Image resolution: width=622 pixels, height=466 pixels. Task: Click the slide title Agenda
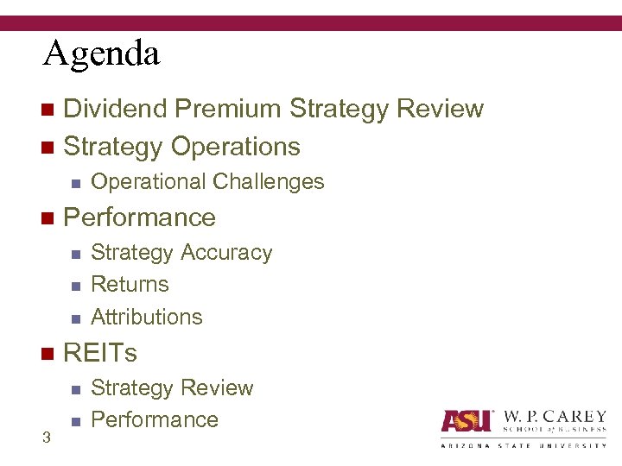pyautogui.click(x=102, y=54)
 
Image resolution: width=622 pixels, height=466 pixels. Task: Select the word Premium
pyautogui.click(x=230, y=109)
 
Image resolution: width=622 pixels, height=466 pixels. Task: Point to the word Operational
pyautogui.click(x=148, y=182)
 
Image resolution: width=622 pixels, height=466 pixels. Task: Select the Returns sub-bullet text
pyautogui.click(x=130, y=285)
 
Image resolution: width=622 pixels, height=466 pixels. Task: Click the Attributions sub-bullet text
pyautogui.click(x=147, y=317)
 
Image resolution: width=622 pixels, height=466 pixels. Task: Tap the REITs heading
pyautogui.click(x=100, y=353)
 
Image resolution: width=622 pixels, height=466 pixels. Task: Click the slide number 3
pyautogui.click(x=47, y=438)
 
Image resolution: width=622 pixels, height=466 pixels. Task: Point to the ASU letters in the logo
pyautogui.click(x=466, y=420)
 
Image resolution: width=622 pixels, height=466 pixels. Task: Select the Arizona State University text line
pyautogui.click(x=524, y=445)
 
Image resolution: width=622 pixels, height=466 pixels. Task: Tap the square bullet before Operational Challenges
pyautogui.click(x=75, y=183)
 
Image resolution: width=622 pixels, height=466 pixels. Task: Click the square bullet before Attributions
pyautogui.click(x=75, y=318)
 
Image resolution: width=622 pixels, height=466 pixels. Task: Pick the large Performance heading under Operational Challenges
pyautogui.click(x=140, y=217)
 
